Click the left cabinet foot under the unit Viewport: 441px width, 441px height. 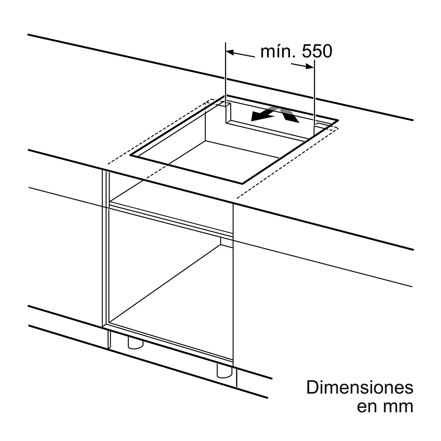[x=135, y=349]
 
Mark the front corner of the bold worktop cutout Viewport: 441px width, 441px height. [x=242, y=184]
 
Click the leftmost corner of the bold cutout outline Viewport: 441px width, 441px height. [x=130, y=155]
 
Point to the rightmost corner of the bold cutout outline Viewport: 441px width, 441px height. [x=338, y=120]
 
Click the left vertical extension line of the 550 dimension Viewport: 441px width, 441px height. [x=226, y=83]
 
